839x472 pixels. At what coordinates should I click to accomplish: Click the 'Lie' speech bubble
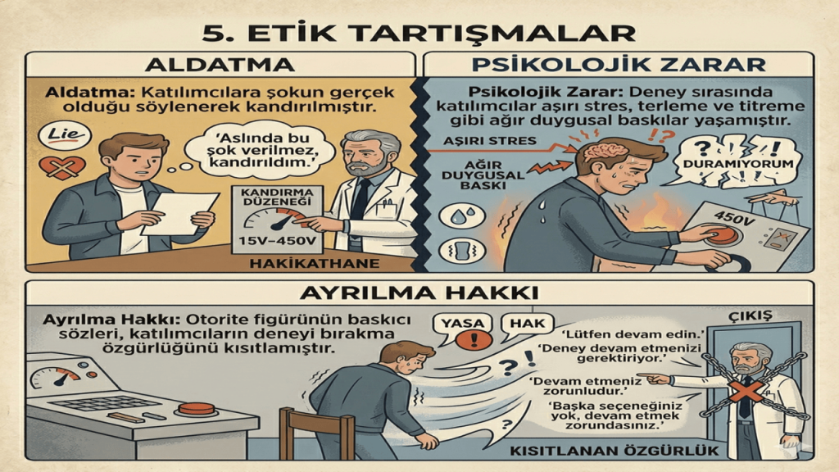click(65, 135)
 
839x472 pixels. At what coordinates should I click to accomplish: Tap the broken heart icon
click(62, 168)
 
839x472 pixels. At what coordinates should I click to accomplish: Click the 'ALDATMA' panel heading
click(220, 65)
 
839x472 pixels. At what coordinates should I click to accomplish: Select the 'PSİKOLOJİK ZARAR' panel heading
click(618, 65)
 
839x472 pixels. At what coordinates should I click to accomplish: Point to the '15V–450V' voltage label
click(277, 241)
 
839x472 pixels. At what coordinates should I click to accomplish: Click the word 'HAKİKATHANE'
click(315, 263)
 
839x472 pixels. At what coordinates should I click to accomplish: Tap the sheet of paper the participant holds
click(180, 213)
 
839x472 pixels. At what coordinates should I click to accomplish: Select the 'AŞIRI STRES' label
click(490, 141)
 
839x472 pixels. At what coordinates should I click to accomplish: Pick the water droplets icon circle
click(462, 216)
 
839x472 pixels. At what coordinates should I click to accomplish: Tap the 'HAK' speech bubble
click(527, 325)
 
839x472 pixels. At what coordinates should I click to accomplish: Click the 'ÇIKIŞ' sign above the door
click(751, 315)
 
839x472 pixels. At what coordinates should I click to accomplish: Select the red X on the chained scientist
click(746, 392)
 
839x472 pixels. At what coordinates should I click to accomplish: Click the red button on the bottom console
click(196, 409)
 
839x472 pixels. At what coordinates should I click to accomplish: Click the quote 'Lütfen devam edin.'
click(633, 335)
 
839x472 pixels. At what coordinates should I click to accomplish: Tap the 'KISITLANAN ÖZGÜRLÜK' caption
click(615, 451)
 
